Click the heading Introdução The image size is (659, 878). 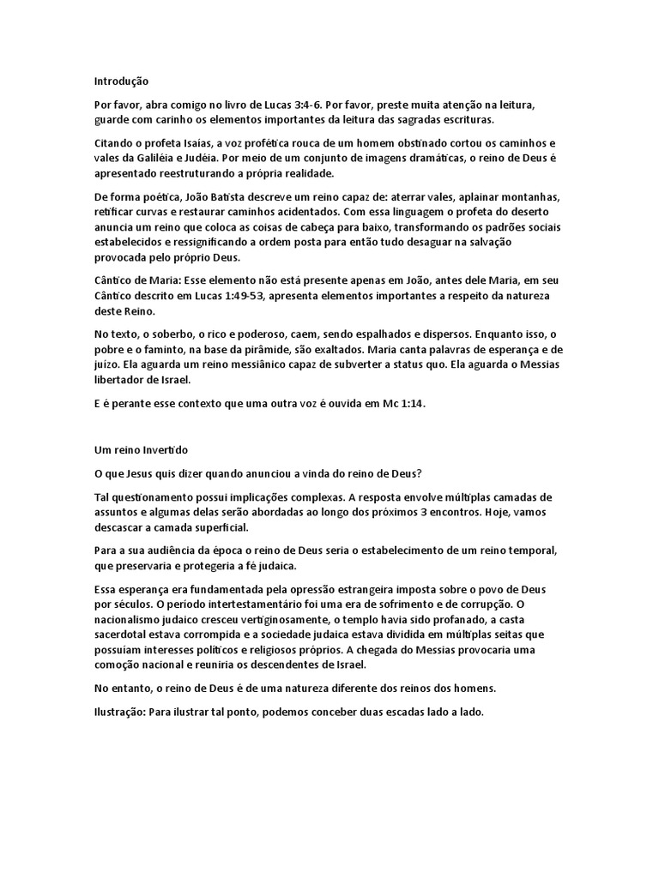pyautogui.click(x=121, y=81)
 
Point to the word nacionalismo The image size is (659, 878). pyautogui.click(x=133, y=619)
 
